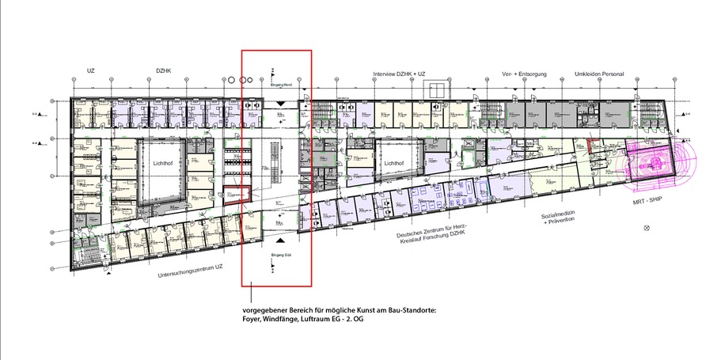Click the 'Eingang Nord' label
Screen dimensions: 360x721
point(282,83)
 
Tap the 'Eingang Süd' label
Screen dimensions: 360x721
point(283,253)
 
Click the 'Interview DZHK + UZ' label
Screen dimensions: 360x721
point(400,74)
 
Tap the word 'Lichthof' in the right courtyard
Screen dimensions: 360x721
point(395,163)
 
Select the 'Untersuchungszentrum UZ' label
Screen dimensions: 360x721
point(191,271)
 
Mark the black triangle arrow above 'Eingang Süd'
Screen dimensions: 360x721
point(283,238)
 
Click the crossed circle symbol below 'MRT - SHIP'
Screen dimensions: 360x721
point(647,229)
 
